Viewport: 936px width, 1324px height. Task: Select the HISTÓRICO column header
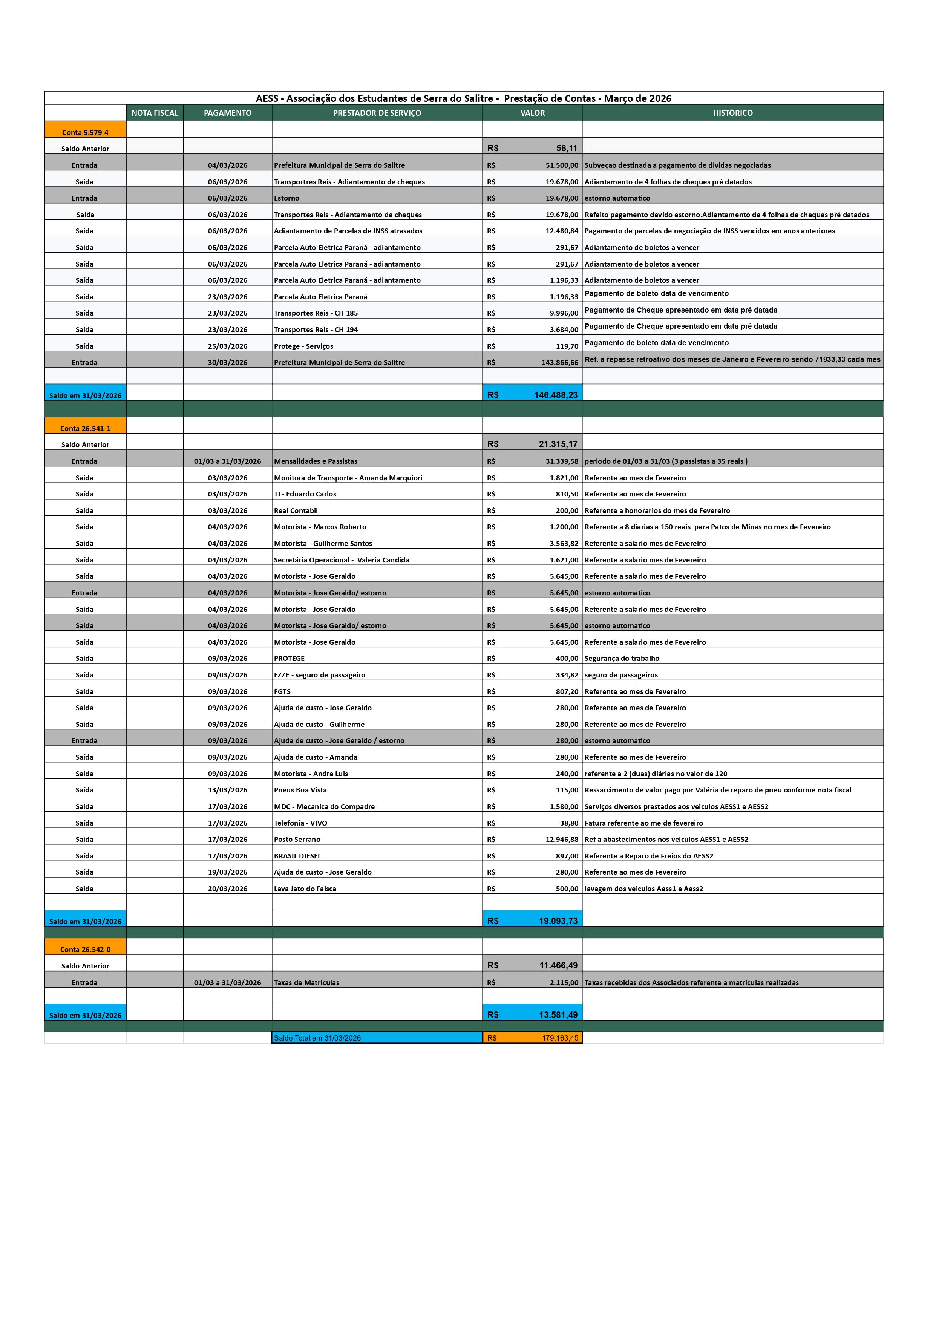click(732, 113)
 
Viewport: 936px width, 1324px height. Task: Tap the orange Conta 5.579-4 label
click(85, 132)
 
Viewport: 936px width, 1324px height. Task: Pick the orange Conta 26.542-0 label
click(85, 949)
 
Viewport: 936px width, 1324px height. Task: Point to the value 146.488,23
click(555, 395)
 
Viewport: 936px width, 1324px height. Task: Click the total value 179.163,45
click(559, 1038)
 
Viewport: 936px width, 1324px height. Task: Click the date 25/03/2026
click(228, 346)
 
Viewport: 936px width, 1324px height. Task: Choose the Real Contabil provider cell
click(296, 510)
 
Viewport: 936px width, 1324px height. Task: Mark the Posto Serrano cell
click(297, 839)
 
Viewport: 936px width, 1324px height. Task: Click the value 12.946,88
click(562, 839)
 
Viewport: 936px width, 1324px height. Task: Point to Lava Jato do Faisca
click(305, 889)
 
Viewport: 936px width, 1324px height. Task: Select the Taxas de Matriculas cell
click(307, 982)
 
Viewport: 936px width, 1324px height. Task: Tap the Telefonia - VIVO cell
click(300, 823)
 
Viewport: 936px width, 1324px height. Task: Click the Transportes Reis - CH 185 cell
click(316, 313)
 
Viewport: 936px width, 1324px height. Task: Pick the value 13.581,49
click(558, 1015)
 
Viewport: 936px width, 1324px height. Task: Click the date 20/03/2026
click(228, 889)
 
